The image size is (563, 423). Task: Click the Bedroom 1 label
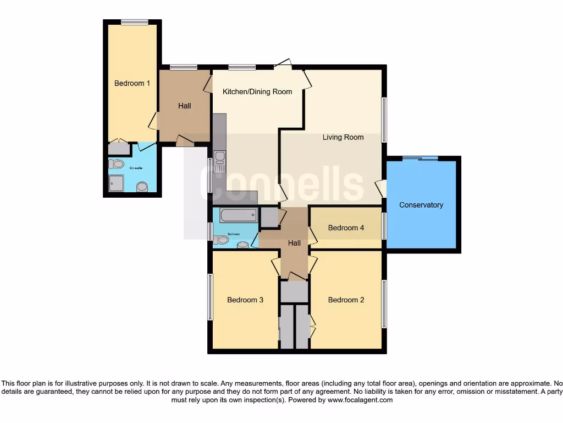point(132,83)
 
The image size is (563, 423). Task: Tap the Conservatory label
point(421,205)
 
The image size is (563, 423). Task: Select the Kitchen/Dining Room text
point(257,91)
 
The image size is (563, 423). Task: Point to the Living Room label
point(343,137)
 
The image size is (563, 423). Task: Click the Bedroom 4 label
point(346,227)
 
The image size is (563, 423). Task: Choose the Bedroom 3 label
point(245,300)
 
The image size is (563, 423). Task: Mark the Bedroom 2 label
point(346,300)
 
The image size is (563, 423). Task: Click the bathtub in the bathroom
point(238,214)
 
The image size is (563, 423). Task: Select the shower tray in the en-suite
point(117,183)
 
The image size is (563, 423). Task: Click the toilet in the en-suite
point(116,164)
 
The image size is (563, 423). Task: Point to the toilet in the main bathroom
point(221,240)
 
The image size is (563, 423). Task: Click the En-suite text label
point(136,167)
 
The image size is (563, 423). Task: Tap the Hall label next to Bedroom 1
point(185,106)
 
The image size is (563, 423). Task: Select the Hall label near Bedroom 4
point(295,243)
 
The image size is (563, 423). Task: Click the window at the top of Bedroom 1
point(135,22)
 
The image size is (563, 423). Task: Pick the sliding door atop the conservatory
point(420,159)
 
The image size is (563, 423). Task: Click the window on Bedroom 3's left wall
point(210,297)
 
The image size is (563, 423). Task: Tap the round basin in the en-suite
point(142,187)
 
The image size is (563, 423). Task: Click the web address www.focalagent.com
point(360,400)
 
